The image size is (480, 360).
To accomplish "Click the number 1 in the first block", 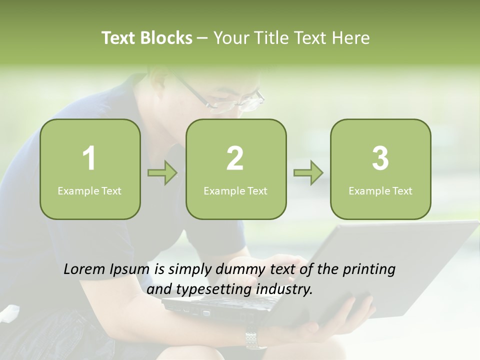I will point(89,158).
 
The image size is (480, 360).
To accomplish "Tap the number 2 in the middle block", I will point(235,158).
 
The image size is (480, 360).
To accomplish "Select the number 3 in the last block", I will point(380,158).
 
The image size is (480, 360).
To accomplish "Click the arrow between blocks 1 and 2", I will point(162,173).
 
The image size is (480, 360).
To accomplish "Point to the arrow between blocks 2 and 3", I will point(308,173).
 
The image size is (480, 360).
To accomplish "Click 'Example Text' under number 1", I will point(89,190).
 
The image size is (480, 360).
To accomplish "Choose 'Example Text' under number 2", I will point(235,190).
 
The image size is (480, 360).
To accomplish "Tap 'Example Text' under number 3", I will point(380,190).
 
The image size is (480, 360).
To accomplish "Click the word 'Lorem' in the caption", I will point(84,269).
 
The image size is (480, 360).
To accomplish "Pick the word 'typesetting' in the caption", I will point(211,289).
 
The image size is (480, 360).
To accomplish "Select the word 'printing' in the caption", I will point(368,270).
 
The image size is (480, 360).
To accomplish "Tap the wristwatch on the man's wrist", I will point(255,339).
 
